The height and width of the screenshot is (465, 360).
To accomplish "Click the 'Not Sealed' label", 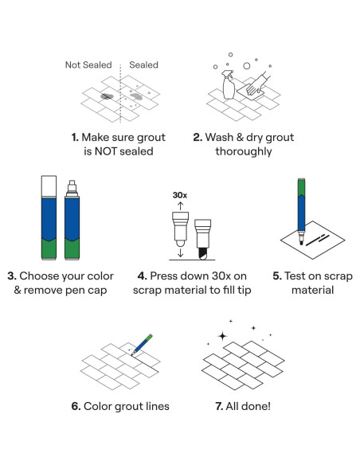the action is (x=88, y=64).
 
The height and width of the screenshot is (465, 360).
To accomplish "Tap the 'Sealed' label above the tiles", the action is (x=143, y=64).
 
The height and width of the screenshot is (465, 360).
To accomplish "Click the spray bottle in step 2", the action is (x=229, y=84).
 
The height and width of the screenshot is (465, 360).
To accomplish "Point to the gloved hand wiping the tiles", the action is (x=258, y=84).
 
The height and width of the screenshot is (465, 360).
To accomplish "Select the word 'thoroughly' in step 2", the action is (x=244, y=151).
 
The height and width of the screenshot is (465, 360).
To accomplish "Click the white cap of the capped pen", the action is (x=49, y=186).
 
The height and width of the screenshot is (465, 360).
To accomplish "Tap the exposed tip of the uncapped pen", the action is (x=72, y=188).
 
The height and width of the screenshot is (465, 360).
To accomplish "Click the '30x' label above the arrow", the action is (x=180, y=195).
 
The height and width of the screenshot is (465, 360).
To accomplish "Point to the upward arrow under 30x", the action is (x=181, y=206).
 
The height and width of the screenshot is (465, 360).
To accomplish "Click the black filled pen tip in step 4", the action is (x=202, y=253).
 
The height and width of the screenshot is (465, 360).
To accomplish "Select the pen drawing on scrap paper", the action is (x=301, y=211).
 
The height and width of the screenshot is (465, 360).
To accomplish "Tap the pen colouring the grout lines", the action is (x=142, y=344).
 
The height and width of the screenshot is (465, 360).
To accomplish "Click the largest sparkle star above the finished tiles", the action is (x=222, y=336).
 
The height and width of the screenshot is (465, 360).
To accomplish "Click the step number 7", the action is (x=219, y=406).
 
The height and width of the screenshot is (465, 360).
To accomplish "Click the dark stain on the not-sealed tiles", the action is (x=107, y=96).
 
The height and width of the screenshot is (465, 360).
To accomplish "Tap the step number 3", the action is (x=12, y=275).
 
